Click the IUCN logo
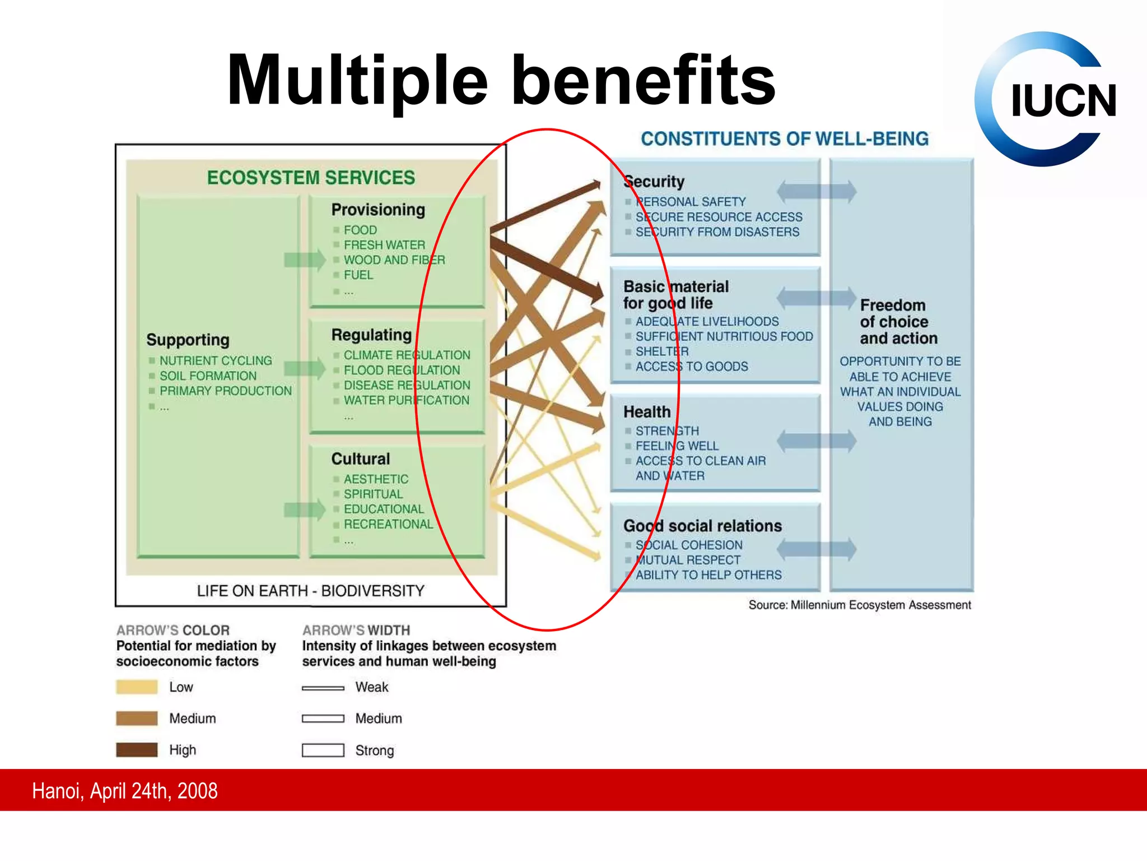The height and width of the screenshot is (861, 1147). click(x=1046, y=100)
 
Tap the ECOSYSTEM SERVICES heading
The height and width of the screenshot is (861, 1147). click(x=311, y=178)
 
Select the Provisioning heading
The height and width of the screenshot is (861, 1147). click(x=378, y=210)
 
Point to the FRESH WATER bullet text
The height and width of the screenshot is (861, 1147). click(x=384, y=245)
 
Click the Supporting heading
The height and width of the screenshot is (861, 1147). click(x=188, y=340)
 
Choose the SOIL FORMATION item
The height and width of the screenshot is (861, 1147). click(x=208, y=376)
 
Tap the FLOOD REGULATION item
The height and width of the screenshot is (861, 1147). click(x=402, y=370)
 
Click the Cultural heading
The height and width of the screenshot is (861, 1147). click(x=360, y=459)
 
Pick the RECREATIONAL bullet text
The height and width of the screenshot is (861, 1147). click(x=388, y=524)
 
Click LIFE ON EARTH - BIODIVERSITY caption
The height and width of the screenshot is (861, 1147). click(x=310, y=591)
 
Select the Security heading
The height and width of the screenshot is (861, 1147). click(x=654, y=182)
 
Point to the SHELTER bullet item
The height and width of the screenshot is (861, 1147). click(x=661, y=351)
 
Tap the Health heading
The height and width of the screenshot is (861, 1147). click(x=647, y=412)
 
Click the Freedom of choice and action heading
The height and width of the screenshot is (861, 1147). click(x=898, y=322)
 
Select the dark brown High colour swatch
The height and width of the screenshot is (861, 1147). click(x=137, y=750)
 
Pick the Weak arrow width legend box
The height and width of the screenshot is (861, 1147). click(x=323, y=688)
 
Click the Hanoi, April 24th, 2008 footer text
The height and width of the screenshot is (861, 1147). click(x=124, y=791)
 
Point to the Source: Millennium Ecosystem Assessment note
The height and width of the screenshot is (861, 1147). click(x=859, y=605)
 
